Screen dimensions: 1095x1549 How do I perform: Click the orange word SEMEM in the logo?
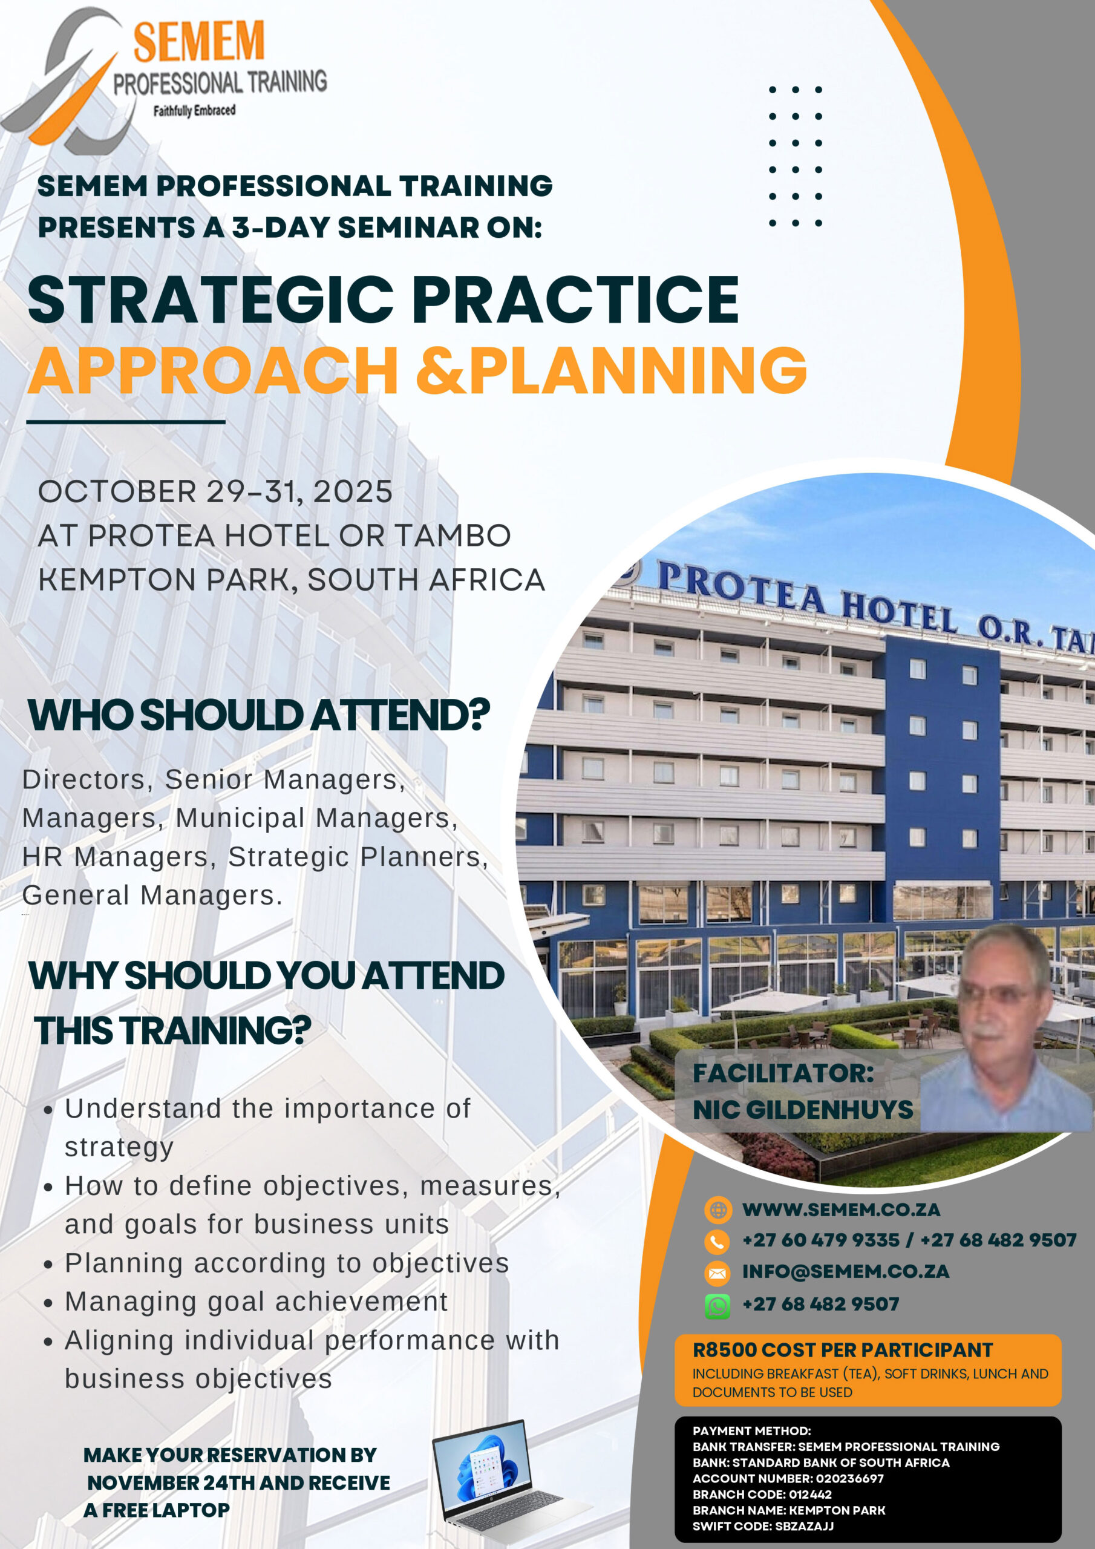pyautogui.click(x=198, y=42)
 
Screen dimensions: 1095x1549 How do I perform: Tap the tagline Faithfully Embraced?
pyautogui.click(x=194, y=111)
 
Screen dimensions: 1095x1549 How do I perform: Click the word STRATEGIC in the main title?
pyautogui.click(x=211, y=300)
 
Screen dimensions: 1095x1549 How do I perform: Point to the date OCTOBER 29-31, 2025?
pyautogui.click(x=215, y=492)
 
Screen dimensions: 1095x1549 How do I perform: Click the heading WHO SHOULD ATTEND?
pyautogui.click(x=259, y=715)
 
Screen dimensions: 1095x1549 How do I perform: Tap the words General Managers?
pyautogui.click(x=152, y=896)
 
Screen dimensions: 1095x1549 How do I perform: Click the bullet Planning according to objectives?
pyautogui.click(x=287, y=1263)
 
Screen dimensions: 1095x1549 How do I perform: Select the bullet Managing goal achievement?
pyautogui.click(x=257, y=1302)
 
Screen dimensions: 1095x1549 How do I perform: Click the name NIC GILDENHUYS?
pyautogui.click(x=803, y=1110)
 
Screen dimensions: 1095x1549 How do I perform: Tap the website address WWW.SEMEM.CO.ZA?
pyautogui.click(x=842, y=1210)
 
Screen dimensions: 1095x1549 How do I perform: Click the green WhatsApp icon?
pyautogui.click(x=717, y=1307)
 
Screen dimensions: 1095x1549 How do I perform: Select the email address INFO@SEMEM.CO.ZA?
pyautogui.click(x=846, y=1272)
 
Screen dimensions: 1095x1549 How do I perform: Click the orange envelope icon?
pyautogui.click(x=717, y=1273)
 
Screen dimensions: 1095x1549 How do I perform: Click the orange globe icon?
pyautogui.click(x=718, y=1210)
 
